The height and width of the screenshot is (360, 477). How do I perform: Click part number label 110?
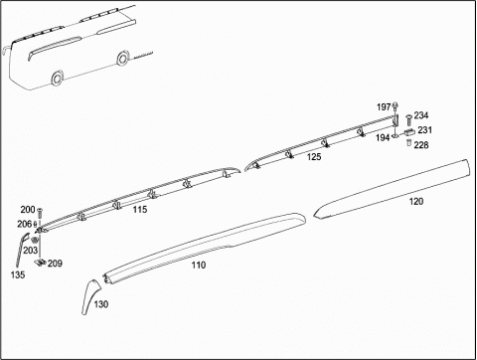tap(199, 265)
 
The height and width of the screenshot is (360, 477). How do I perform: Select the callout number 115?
tap(140, 210)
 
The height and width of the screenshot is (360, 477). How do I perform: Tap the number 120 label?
tap(416, 201)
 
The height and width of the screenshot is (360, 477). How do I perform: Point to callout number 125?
tap(314, 156)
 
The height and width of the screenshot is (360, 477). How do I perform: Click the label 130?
tap(101, 304)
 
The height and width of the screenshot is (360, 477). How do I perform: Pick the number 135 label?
tap(18, 274)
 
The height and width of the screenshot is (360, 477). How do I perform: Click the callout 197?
tap(384, 107)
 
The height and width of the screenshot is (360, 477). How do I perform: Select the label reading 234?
tap(421, 115)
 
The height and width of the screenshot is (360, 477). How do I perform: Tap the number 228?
tap(421, 145)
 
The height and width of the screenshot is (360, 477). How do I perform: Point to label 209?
tap(55, 264)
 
